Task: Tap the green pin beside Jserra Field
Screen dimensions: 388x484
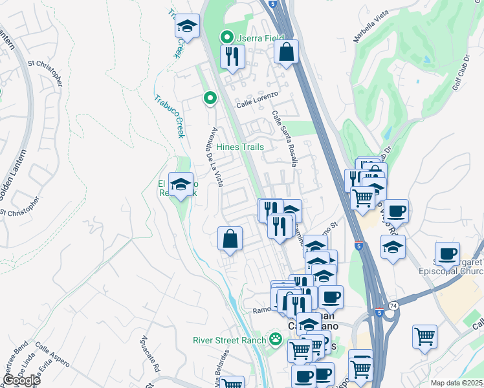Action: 226,37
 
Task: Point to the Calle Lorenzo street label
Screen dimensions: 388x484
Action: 257,99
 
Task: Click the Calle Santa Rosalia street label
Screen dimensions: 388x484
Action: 285,139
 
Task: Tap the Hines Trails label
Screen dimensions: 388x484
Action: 240,147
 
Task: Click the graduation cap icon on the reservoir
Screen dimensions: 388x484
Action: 181,185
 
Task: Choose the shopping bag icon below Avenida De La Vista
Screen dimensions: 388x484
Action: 230,239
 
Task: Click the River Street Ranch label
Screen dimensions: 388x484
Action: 230,340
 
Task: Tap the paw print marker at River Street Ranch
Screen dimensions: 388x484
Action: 276,339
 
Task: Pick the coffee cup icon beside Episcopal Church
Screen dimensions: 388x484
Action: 446,254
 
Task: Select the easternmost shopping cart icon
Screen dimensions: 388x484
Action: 424,336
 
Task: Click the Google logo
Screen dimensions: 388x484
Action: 21,380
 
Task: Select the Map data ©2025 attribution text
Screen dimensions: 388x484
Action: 456,383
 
